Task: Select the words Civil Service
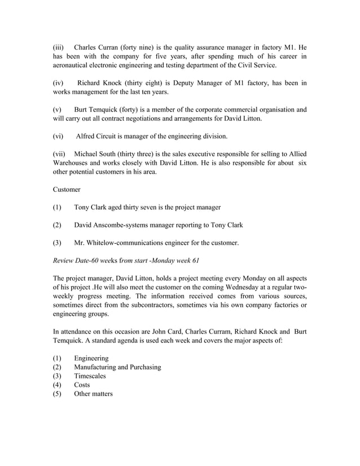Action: pos(254,65)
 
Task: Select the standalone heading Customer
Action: pos(67,190)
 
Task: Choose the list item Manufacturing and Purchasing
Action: pos(117,367)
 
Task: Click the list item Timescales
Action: pos(90,376)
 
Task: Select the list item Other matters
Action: pos(93,393)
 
